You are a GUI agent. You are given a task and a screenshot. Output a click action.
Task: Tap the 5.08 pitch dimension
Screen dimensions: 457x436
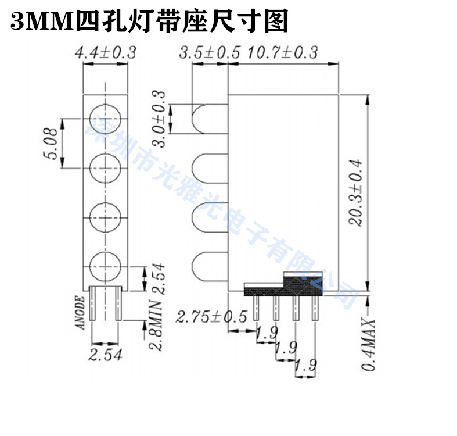point(53,144)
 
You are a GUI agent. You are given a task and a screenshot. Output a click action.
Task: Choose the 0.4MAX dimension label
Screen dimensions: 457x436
point(370,345)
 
